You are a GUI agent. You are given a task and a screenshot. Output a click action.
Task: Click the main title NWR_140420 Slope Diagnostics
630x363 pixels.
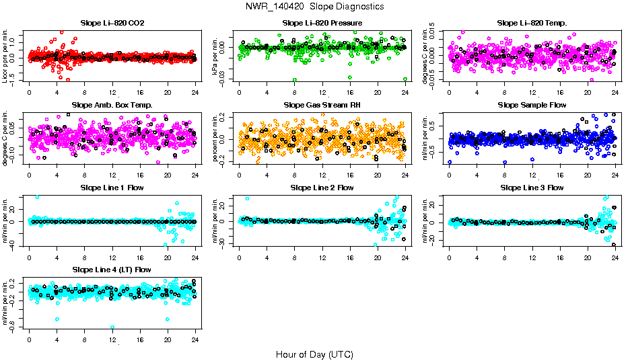(x=315, y=6)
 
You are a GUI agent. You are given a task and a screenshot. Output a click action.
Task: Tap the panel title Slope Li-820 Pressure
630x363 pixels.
(x=322, y=23)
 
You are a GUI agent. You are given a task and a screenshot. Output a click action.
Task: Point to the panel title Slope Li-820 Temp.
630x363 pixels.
(x=532, y=23)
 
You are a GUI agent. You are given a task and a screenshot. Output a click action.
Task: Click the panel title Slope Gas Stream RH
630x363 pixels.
(x=322, y=105)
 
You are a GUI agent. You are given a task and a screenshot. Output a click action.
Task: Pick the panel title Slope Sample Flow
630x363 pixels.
(x=532, y=105)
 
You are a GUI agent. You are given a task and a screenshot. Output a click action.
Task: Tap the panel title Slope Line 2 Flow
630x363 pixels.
(x=322, y=188)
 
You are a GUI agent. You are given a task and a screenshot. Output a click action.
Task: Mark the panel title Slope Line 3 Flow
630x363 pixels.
(x=532, y=188)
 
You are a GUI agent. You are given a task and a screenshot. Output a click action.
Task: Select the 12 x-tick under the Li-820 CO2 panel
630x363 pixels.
(x=112, y=92)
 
